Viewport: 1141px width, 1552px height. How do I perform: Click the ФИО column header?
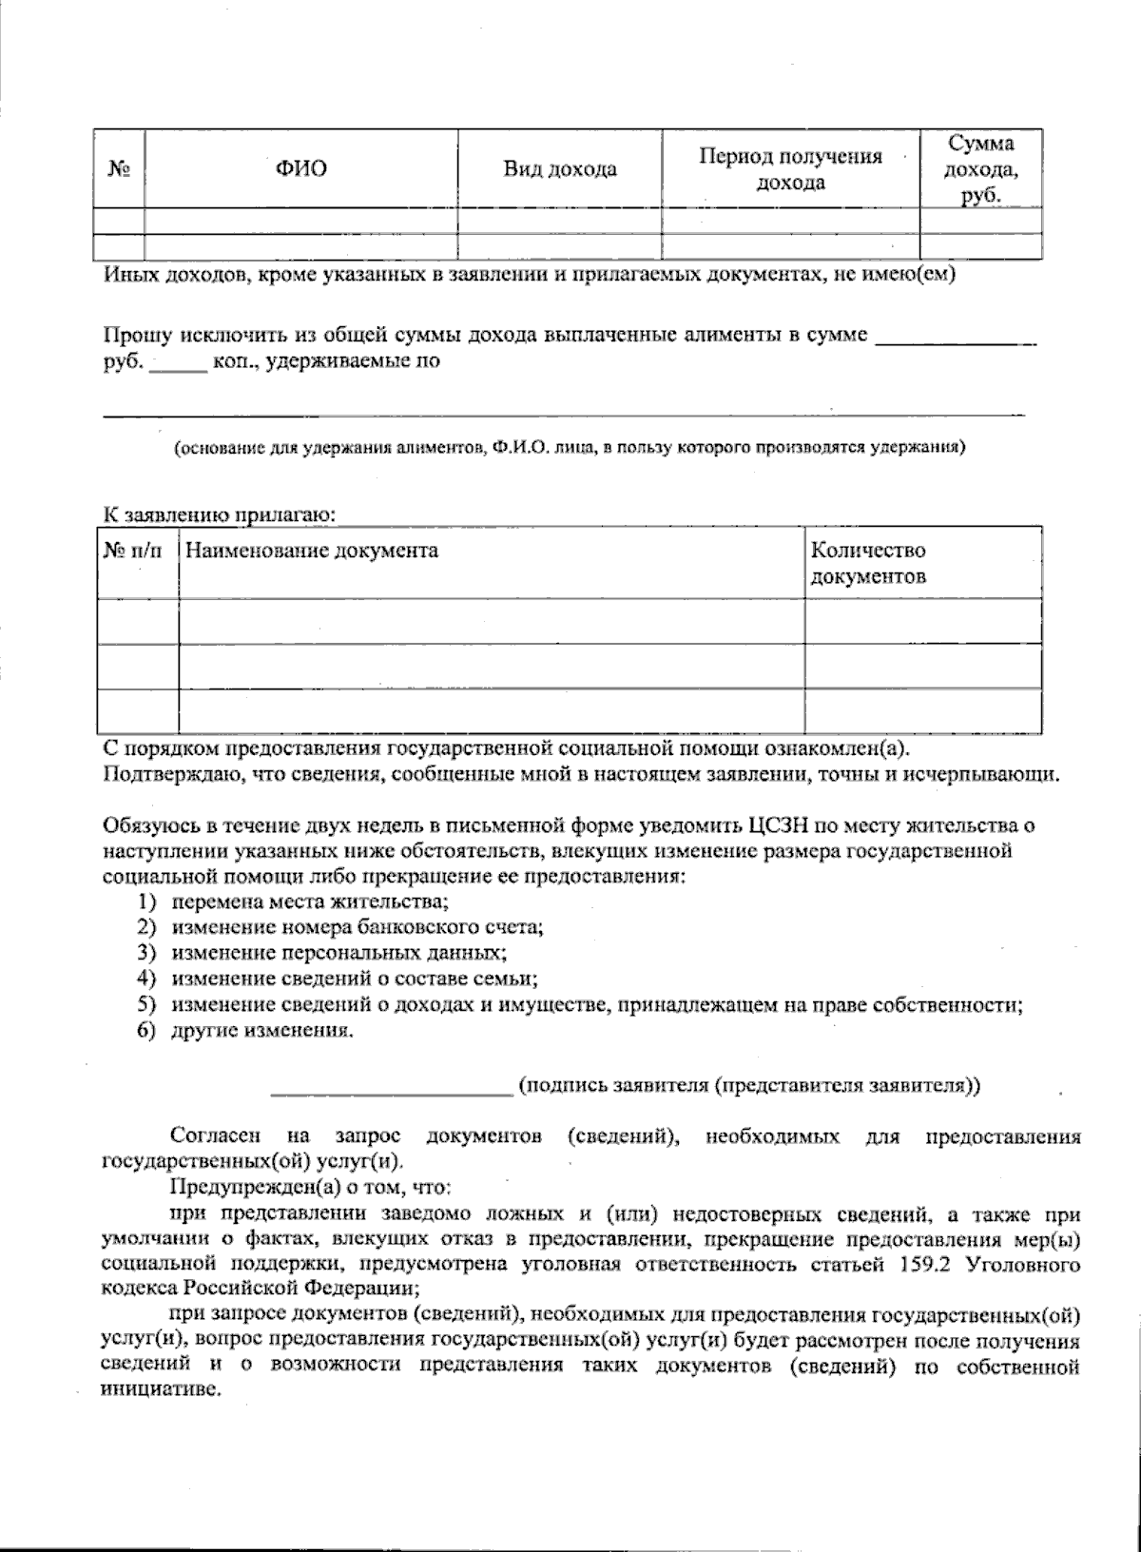pos(300,169)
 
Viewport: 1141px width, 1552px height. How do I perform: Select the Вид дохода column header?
pos(559,169)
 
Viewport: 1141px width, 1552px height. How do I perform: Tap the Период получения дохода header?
pos(790,169)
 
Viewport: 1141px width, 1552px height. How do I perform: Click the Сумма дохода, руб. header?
pos(980,169)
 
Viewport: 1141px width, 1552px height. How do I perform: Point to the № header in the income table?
pos(119,169)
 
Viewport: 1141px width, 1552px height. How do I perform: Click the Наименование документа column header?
pos(312,551)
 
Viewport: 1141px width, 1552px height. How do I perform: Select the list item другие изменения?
pos(261,1031)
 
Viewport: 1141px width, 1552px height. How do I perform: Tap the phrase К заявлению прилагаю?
pos(220,515)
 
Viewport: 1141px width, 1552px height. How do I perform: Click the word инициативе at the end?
pos(160,1387)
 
